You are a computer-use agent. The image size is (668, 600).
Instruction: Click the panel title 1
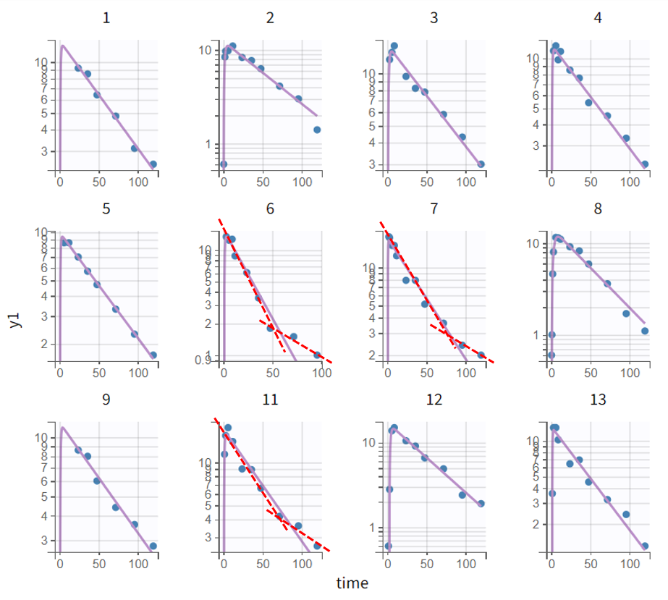[106, 17]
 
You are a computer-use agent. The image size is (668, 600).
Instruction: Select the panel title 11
[270, 400]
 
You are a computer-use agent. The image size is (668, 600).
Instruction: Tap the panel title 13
[597, 400]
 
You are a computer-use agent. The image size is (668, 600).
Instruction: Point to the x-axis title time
[352, 583]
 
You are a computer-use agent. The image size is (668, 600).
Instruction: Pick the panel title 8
[597, 208]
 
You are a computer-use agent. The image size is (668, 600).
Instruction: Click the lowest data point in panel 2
[224, 164]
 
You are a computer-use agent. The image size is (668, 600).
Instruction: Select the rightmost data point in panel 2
[317, 130]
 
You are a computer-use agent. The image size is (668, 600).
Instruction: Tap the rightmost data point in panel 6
[317, 355]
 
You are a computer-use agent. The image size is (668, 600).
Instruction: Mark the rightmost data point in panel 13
[645, 546]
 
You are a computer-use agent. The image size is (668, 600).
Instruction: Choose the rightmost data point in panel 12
[481, 504]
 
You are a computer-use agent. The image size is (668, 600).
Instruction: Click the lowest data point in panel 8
[551, 355]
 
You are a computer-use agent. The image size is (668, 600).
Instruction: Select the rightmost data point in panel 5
[153, 355]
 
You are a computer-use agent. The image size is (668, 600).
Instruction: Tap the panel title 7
[434, 208]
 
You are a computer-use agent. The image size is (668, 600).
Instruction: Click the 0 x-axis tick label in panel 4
[551, 182]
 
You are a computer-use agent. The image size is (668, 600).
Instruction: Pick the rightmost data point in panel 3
[481, 164]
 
